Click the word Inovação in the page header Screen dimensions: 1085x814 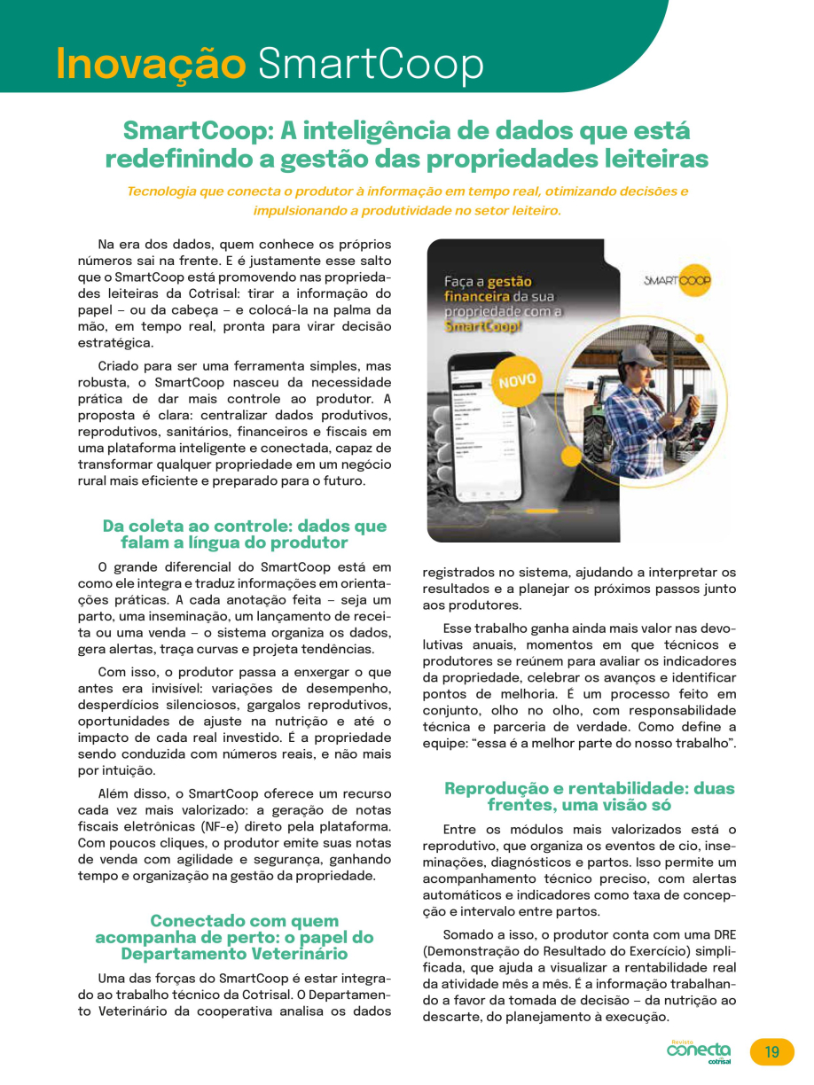pyautogui.click(x=150, y=63)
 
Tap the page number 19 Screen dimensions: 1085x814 pyautogui.click(x=771, y=1052)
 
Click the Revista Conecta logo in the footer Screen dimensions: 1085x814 pyautogui.click(x=700, y=1051)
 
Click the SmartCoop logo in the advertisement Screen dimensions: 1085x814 pyautogui.click(x=677, y=281)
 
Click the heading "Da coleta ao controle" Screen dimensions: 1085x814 pyautogui.click(x=244, y=534)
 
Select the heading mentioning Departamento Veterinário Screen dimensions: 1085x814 pyautogui.click(x=234, y=938)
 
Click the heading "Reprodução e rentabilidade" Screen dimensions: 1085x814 pyautogui.click(x=589, y=796)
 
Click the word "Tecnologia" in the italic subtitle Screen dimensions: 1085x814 pyautogui.click(x=162, y=191)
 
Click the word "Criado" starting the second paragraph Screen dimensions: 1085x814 pyautogui.click(x=118, y=366)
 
